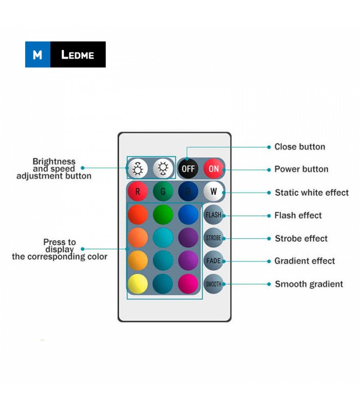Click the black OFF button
(188, 169)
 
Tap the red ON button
(213, 169)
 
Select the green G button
(163, 191)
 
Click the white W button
(213, 191)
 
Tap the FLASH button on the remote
(213, 215)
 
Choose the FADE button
(213, 261)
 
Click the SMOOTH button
(213, 284)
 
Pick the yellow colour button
(138, 284)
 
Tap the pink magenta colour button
(188, 284)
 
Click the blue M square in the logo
(38, 54)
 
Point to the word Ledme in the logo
(78, 55)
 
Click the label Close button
(300, 147)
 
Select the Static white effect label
(312, 193)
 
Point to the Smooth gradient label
(309, 284)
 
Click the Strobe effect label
(301, 238)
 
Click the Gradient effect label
(304, 261)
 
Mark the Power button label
(301, 170)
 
